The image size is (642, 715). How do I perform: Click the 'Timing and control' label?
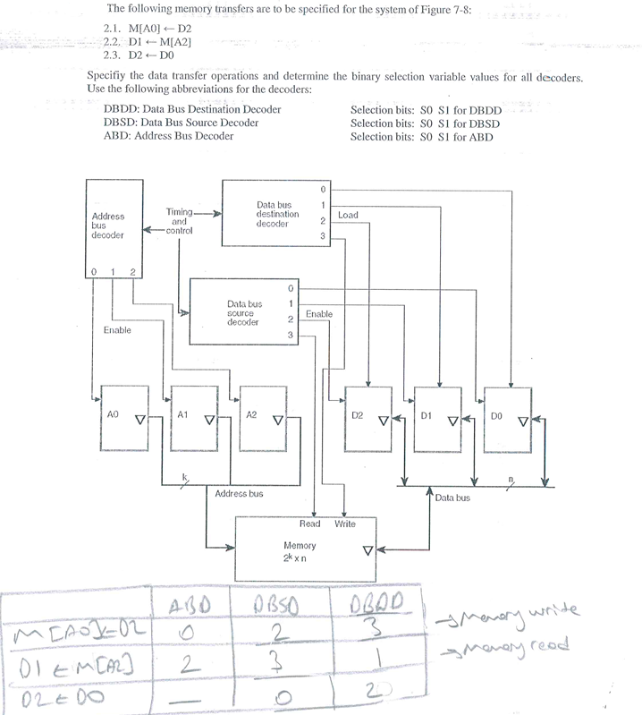[x=180, y=221]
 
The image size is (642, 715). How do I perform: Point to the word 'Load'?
[x=349, y=216]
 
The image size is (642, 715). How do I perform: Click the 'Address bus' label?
[x=239, y=493]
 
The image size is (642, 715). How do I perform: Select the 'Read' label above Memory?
[x=309, y=523]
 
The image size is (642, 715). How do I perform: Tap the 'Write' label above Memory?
[x=345, y=523]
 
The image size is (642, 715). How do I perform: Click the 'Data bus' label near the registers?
[x=452, y=497]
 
